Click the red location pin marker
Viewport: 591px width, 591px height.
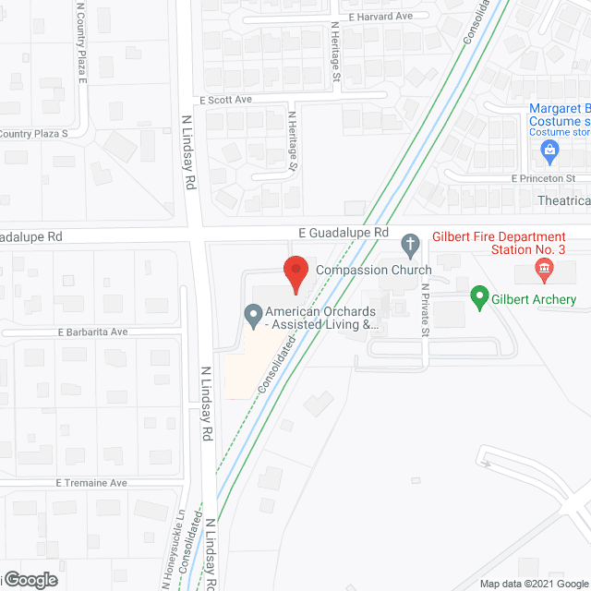pos(295,271)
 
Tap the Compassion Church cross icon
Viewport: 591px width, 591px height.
pos(412,246)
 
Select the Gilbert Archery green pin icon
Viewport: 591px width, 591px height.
pos(479,297)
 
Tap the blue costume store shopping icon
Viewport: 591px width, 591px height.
pos(550,149)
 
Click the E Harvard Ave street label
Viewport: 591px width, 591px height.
pos(380,17)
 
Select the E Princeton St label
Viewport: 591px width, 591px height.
pos(544,177)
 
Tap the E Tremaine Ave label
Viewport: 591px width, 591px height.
pos(90,483)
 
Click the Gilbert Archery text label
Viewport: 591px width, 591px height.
pos(535,299)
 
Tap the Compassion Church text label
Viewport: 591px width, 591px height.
pos(374,270)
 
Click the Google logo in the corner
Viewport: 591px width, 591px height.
pos(30,580)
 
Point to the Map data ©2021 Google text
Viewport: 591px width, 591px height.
pos(532,584)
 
